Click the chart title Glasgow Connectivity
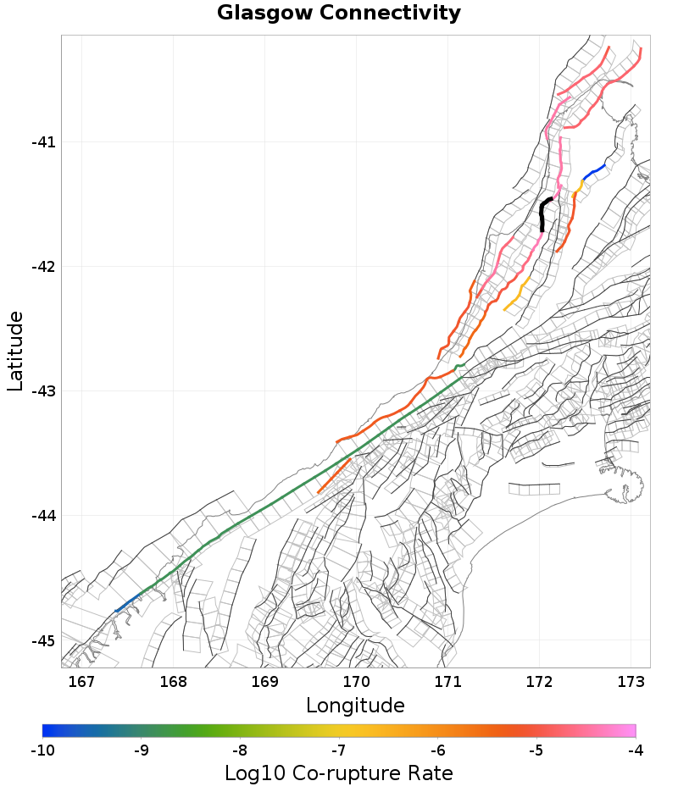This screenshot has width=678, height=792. (x=339, y=14)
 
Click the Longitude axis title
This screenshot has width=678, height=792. (x=355, y=706)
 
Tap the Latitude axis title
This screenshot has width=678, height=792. (x=15, y=351)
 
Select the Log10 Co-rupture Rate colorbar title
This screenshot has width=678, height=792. (x=338, y=773)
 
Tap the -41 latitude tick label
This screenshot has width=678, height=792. (x=43, y=142)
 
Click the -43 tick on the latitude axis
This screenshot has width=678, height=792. (x=43, y=391)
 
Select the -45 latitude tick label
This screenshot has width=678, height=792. (x=43, y=640)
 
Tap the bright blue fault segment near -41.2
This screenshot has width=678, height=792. (x=595, y=171)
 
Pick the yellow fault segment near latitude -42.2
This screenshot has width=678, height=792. (x=516, y=294)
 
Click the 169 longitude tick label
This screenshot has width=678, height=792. (x=264, y=681)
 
